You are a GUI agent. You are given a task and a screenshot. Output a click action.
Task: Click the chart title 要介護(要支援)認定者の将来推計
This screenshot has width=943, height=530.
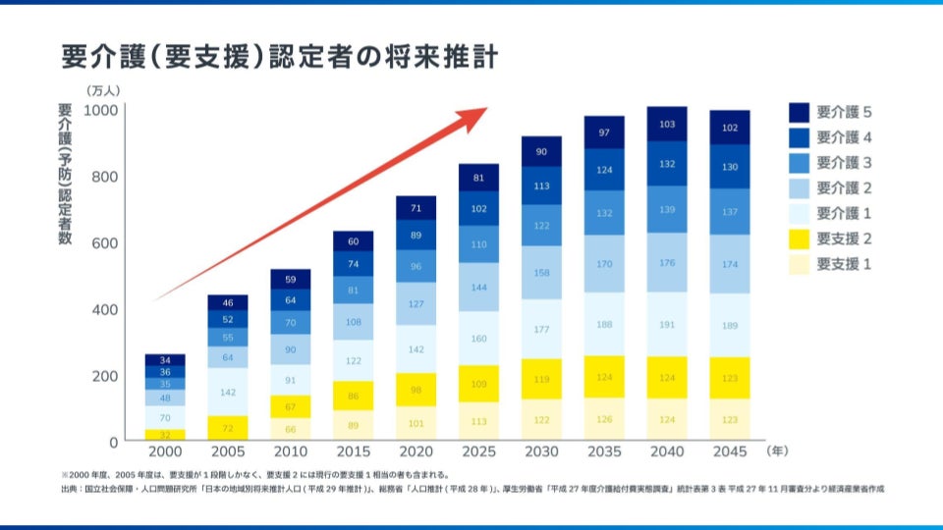coord(279,57)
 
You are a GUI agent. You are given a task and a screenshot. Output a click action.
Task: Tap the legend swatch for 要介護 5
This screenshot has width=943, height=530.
coord(799,112)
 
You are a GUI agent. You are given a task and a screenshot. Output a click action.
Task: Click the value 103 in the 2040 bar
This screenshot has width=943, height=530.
coord(667,125)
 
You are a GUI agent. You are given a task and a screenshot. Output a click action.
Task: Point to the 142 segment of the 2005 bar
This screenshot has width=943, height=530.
coord(229,392)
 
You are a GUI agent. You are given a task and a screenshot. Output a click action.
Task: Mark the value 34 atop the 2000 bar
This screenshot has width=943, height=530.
coord(166,360)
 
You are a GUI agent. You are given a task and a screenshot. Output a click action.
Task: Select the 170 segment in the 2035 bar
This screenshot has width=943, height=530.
coord(605,263)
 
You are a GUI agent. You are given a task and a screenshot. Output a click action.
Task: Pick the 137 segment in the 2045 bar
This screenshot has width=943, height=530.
coord(730,211)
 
